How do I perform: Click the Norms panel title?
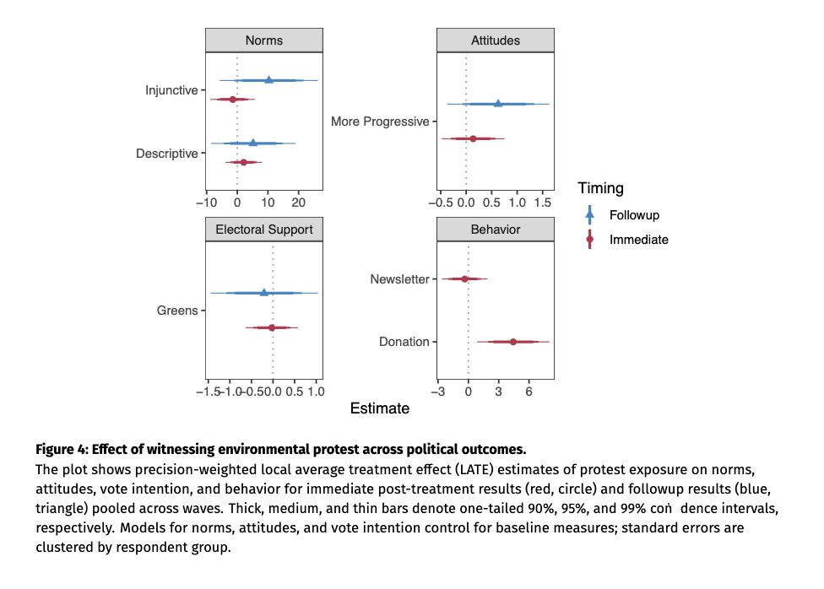pyautogui.click(x=263, y=41)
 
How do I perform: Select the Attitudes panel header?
pyautogui.click(x=495, y=41)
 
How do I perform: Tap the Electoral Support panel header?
pyautogui.click(x=263, y=230)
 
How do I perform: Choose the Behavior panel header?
pyautogui.click(x=495, y=230)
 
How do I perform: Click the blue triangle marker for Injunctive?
pyautogui.click(x=268, y=79)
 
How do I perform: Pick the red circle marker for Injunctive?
pyautogui.click(x=232, y=100)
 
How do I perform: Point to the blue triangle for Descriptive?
pyautogui.click(x=252, y=143)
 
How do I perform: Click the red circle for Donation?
pyautogui.click(x=512, y=342)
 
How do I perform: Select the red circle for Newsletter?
pyautogui.click(x=464, y=278)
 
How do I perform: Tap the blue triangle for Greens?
pyautogui.click(x=263, y=293)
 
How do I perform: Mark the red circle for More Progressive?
pyautogui.click(x=473, y=138)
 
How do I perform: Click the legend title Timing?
pyautogui.click(x=600, y=188)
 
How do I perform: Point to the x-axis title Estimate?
pyautogui.click(x=379, y=408)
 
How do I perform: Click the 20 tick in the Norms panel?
pyautogui.click(x=298, y=203)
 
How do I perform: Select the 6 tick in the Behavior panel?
pyautogui.click(x=529, y=392)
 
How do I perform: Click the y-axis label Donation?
pyautogui.click(x=404, y=342)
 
